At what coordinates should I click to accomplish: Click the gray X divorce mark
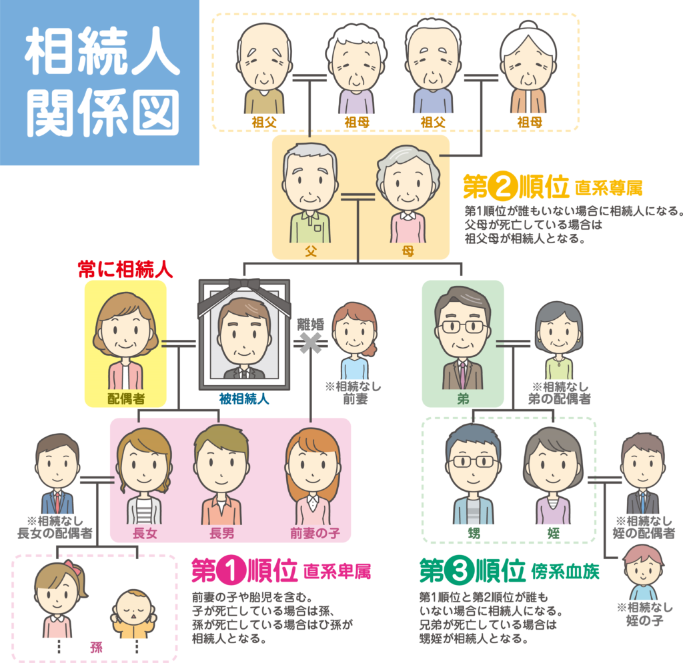coord(311,343)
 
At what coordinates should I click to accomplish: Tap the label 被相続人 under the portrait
coord(244,398)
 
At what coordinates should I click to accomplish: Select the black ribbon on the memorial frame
coord(244,294)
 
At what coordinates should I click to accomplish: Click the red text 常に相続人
coord(125,269)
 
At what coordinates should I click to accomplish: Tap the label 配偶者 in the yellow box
coord(126,398)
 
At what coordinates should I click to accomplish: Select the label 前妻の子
coord(315,533)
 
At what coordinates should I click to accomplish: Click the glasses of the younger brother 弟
coord(464,327)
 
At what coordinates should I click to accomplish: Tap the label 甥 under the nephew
coord(474,533)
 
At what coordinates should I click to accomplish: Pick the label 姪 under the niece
coord(553,533)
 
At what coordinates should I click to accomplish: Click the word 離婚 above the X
coord(311,324)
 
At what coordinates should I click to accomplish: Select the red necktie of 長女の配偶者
coord(57,502)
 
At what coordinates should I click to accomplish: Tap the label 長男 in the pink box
coord(221,533)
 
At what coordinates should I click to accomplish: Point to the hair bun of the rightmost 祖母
coord(529,26)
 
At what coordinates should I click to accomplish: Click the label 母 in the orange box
coord(408,251)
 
